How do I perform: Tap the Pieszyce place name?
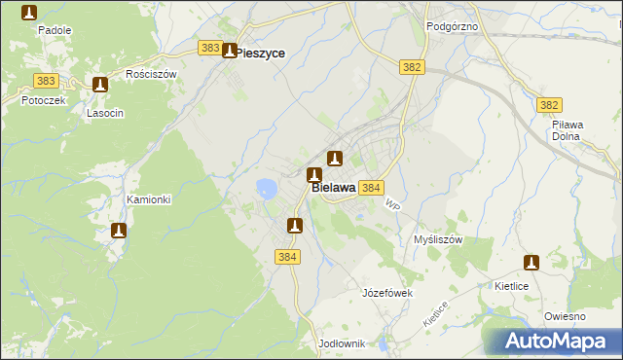pyautogui.click(x=261, y=54)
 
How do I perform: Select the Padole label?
pyautogui.click(x=55, y=30)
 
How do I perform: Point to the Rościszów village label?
pyautogui.click(x=151, y=74)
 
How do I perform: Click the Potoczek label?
pyautogui.click(x=27, y=100)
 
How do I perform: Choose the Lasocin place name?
pyautogui.click(x=104, y=113)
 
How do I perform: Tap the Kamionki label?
pyautogui.click(x=149, y=199)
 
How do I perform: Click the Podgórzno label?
pyautogui.click(x=452, y=26)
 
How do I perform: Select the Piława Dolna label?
pyautogui.click(x=566, y=130)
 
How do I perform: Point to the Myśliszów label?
pyautogui.click(x=437, y=239)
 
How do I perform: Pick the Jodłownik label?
pyautogui.click(x=341, y=343)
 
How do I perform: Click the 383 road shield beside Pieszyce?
pyautogui.click(x=209, y=48)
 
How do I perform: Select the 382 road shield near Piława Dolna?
pyautogui.click(x=550, y=105)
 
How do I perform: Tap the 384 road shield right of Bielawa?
pyautogui.click(x=371, y=187)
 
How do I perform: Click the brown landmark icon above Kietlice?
pyautogui.click(x=531, y=263)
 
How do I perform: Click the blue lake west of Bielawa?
pyautogui.click(x=266, y=188)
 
